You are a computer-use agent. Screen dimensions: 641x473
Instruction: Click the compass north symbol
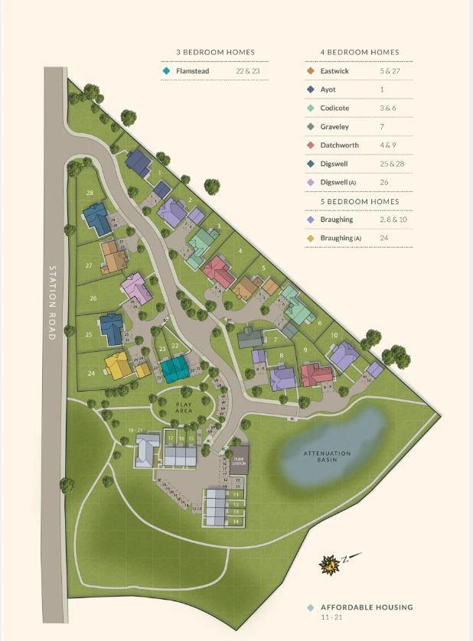click(330, 566)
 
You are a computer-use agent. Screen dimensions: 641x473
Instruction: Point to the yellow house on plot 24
click(119, 366)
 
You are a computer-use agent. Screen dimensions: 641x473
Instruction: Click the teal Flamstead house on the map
click(175, 369)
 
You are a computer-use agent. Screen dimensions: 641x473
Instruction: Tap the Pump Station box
click(239, 459)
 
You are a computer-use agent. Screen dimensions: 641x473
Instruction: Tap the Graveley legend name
click(335, 126)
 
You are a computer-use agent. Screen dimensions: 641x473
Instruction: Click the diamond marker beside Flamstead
click(165, 71)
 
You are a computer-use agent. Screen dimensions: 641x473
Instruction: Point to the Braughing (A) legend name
click(341, 238)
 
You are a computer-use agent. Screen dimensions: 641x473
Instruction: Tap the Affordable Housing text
click(367, 607)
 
